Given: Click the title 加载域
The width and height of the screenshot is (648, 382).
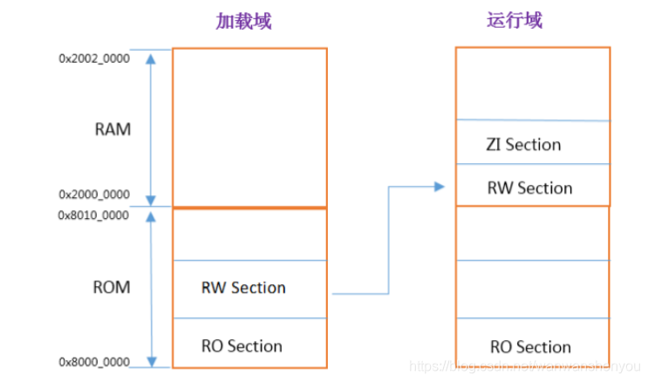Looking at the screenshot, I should [x=243, y=20].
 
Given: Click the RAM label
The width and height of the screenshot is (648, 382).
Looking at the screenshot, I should [x=113, y=130].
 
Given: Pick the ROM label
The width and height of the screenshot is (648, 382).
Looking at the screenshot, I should [x=113, y=287].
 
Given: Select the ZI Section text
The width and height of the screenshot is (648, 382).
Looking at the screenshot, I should [x=523, y=145].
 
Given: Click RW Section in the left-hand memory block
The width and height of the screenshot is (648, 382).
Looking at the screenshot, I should [x=243, y=288].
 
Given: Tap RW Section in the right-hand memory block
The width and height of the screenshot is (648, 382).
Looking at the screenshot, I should [x=529, y=188].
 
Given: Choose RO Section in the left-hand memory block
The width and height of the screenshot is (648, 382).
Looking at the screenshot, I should [x=242, y=346].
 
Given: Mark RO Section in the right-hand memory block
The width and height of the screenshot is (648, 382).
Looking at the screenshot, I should [x=530, y=347].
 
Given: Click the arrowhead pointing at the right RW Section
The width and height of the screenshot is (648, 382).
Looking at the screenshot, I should [x=439, y=186].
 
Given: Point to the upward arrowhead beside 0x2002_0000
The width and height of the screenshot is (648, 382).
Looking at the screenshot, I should [x=153, y=58].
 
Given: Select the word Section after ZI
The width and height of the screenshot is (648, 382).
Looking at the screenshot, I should [x=533, y=145].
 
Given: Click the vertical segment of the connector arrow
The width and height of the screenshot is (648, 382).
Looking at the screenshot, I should [x=388, y=239].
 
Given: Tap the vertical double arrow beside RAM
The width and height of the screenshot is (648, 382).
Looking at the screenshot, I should [x=153, y=129].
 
